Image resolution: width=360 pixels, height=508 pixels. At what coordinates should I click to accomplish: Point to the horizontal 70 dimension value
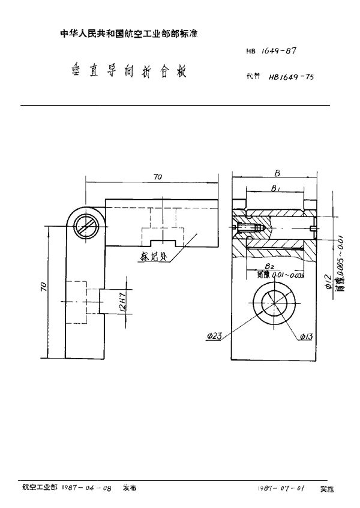point(157,177)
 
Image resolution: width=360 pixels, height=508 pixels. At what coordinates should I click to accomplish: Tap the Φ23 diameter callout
point(215,338)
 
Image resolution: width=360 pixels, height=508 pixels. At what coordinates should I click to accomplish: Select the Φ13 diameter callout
point(306,338)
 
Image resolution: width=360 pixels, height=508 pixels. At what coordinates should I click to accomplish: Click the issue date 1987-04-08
point(86,488)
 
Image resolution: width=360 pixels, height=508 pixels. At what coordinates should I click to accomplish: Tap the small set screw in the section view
point(248,228)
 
